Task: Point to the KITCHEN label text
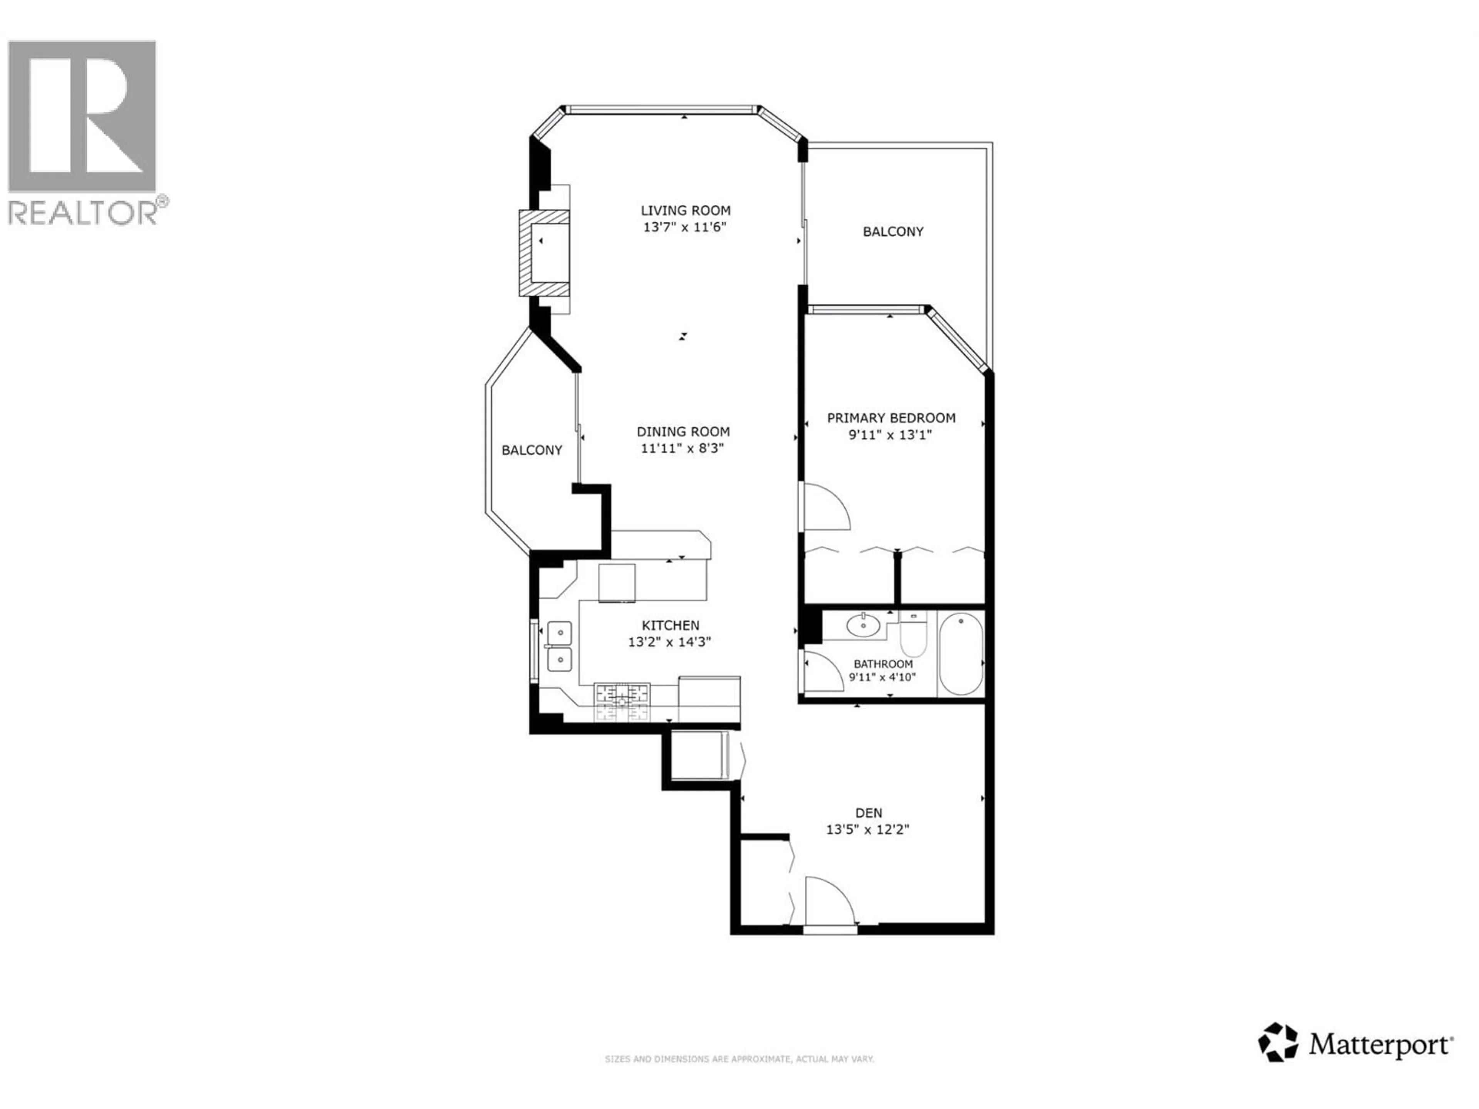click(670, 625)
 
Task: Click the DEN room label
click(869, 813)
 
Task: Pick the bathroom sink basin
click(863, 626)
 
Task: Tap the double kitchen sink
click(560, 646)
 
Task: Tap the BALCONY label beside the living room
click(893, 232)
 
